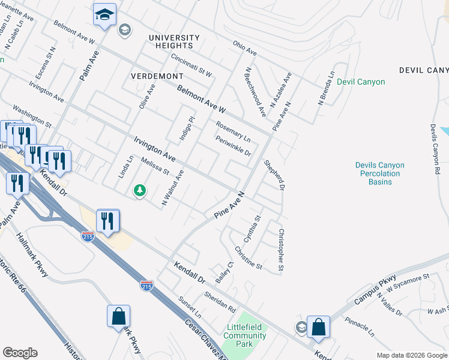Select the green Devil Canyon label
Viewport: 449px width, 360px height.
tap(361, 82)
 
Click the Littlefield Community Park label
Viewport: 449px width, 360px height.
tap(245, 331)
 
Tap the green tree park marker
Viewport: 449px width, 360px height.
tap(139, 191)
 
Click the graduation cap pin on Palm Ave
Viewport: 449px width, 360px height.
tap(104, 15)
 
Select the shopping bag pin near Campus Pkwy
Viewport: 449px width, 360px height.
tap(318, 328)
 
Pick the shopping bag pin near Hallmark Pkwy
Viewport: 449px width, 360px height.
tap(119, 316)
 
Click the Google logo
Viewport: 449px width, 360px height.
tap(20, 353)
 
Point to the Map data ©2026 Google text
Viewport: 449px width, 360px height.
tap(412, 355)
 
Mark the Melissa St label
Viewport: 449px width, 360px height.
tap(155, 166)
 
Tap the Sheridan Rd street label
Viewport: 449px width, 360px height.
tap(219, 302)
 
